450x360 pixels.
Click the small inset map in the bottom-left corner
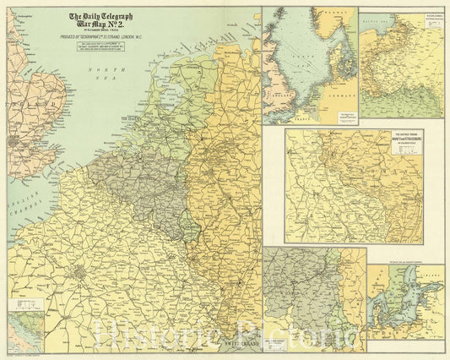tap(24, 333)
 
